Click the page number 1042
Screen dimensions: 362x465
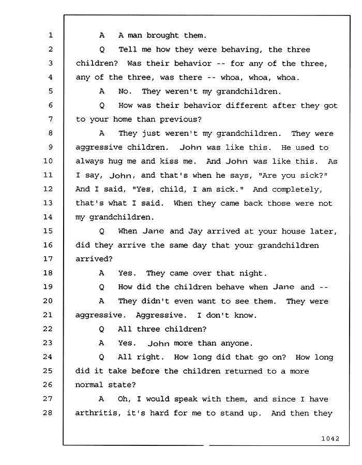330,439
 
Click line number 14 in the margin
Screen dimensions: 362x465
48,217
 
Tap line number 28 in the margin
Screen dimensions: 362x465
48,412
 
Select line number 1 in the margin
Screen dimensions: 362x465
51,35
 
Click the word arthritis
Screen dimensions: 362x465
98,413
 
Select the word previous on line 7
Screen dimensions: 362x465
180,119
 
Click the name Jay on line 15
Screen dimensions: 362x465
195,231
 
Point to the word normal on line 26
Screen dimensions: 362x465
89,385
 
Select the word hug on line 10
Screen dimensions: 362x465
115,162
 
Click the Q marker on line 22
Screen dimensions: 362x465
101,329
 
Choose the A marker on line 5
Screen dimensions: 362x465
102,91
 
